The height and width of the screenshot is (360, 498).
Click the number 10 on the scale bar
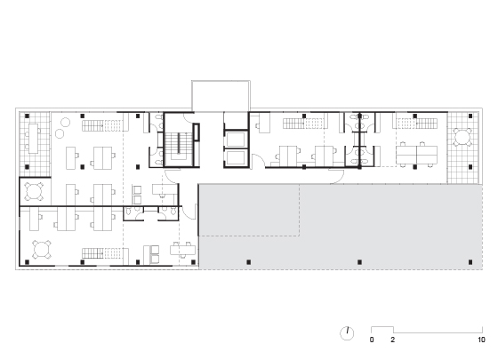pos(481,340)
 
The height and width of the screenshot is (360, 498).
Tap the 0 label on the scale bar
pos(372,340)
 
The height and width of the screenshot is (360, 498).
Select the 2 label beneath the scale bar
pos(393,340)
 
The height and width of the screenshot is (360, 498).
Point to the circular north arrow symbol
pos(347,333)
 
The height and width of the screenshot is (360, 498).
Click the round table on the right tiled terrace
pos(462,137)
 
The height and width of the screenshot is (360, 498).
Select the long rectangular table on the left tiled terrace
pos(34,139)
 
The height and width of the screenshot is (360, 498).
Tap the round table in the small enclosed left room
pos(34,191)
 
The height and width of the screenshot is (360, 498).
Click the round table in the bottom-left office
pos(42,250)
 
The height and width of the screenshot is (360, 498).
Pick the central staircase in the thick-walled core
pos(179,143)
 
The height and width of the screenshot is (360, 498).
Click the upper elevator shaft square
pos(236,140)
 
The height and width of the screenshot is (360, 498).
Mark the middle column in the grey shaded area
pos(359,262)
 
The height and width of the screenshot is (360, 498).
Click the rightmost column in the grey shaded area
pos(470,262)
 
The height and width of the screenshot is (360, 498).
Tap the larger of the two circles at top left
pos(65,123)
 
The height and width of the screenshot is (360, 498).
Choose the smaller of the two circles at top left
pos(60,133)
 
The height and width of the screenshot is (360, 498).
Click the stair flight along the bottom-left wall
pos(102,253)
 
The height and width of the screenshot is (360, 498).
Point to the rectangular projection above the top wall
pos(221,96)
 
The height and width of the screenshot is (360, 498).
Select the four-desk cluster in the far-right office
pos(416,154)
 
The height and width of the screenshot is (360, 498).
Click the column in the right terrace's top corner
pos(470,116)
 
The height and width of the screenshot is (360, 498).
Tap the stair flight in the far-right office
pos(417,124)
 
